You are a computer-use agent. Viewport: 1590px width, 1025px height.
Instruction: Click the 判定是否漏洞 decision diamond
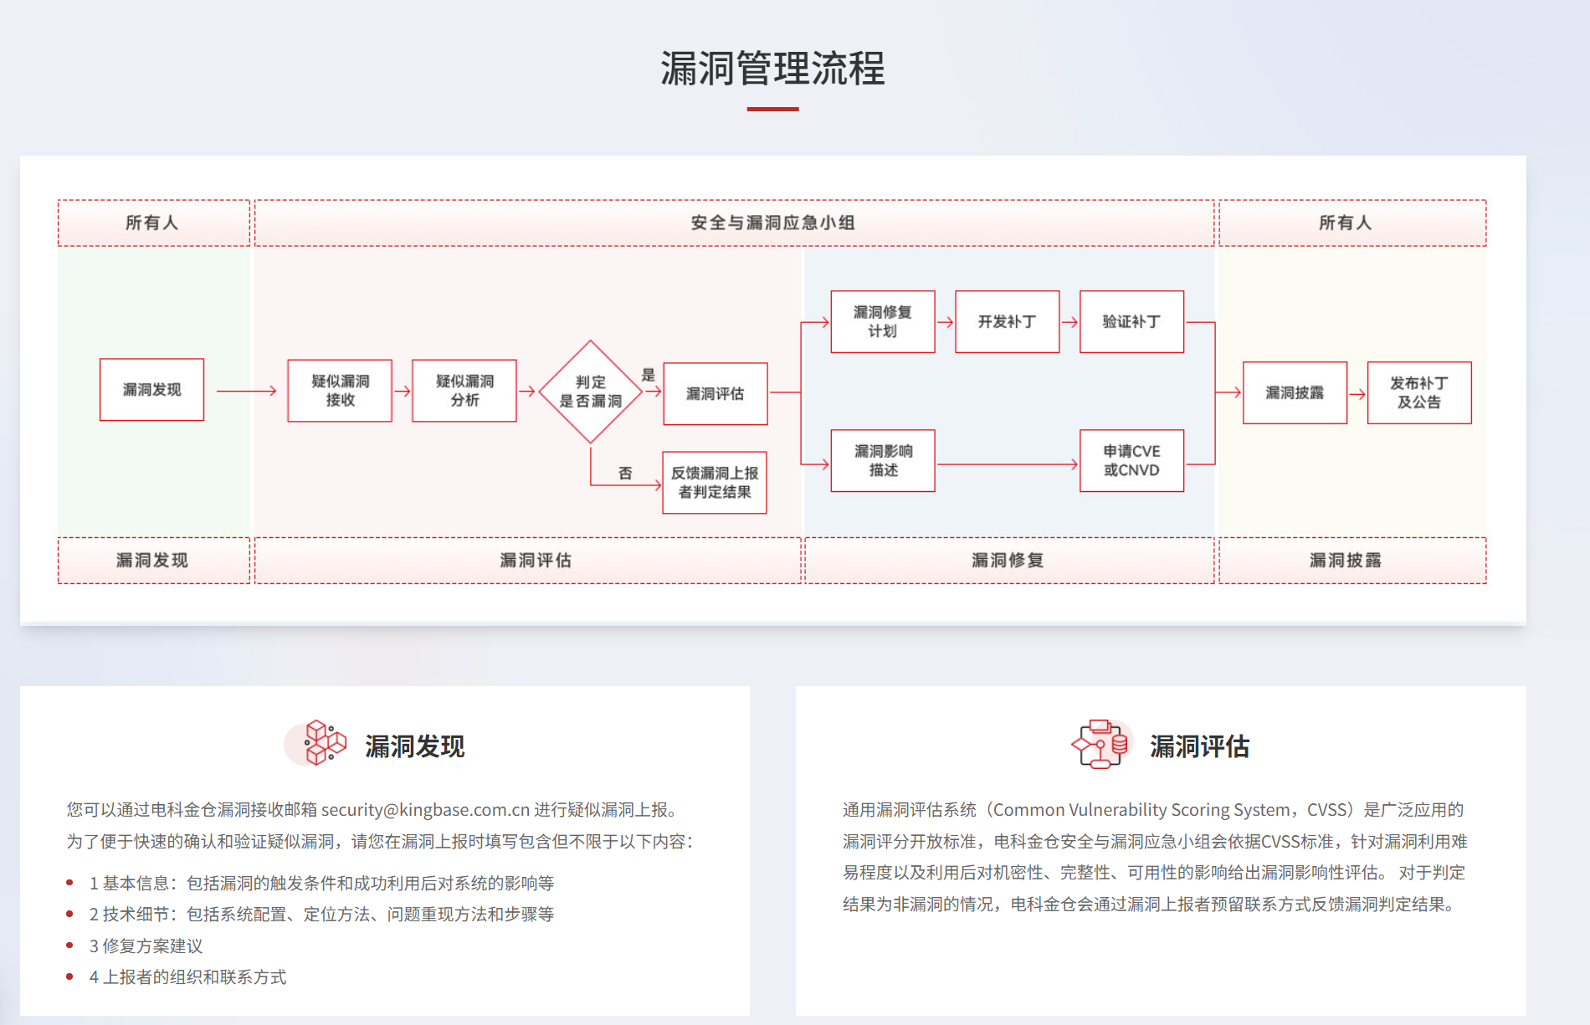pyautogui.click(x=590, y=392)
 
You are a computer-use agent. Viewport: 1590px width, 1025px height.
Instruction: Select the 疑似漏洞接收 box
pyautogui.click(x=340, y=391)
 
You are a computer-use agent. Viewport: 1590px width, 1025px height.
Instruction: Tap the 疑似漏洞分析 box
pyautogui.click(x=464, y=391)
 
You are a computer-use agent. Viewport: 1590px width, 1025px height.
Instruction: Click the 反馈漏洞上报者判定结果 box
pyautogui.click(x=715, y=483)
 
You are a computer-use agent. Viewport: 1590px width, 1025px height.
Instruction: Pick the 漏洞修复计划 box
pyautogui.click(x=883, y=322)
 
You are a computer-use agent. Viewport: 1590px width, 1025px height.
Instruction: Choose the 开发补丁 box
pyautogui.click(x=1007, y=322)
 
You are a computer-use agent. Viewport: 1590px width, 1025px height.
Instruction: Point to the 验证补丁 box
pyautogui.click(x=1131, y=322)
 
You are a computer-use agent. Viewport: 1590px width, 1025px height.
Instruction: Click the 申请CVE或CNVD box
pyautogui.click(x=1131, y=461)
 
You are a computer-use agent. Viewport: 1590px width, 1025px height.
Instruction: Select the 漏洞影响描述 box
pyautogui.click(x=883, y=461)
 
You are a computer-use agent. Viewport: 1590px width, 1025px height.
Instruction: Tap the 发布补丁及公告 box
pyautogui.click(x=1419, y=392)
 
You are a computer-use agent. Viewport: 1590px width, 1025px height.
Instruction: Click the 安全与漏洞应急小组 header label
pyautogui.click(x=772, y=223)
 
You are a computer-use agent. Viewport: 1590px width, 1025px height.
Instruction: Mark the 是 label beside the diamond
pyautogui.click(x=649, y=375)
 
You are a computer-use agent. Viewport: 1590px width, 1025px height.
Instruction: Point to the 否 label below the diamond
pyautogui.click(x=625, y=473)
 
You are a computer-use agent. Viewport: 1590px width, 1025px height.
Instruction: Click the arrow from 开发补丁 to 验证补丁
pyautogui.click(x=1069, y=322)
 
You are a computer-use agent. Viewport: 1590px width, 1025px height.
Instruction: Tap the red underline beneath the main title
pyautogui.click(x=772, y=109)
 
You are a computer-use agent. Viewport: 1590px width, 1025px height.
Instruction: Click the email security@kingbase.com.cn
pyautogui.click(x=425, y=810)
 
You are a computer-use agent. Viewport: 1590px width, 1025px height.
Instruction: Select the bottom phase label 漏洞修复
pyautogui.click(x=1008, y=561)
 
